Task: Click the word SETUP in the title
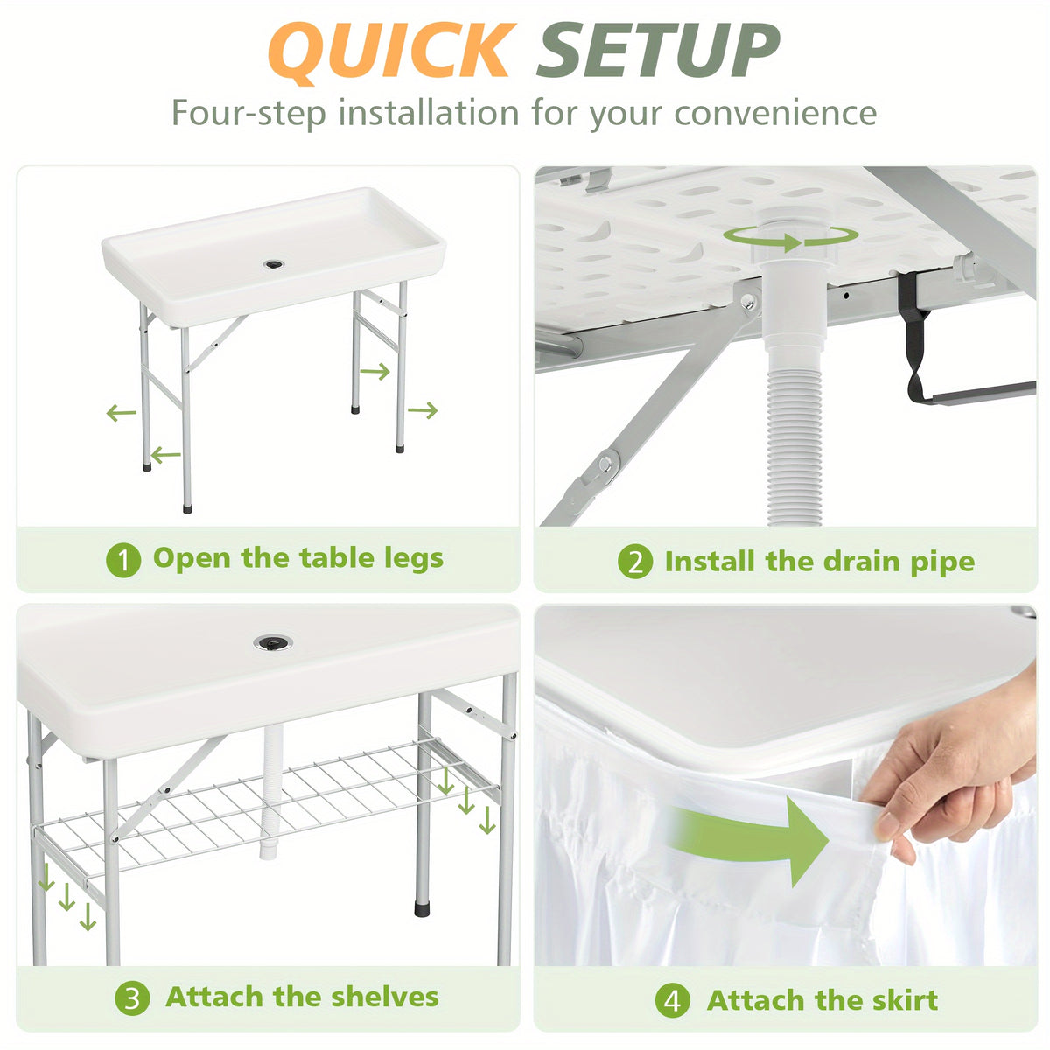click(x=658, y=51)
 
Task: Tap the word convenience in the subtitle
click(x=775, y=113)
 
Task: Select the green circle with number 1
click(x=123, y=560)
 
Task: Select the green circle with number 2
click(x=634, y=561)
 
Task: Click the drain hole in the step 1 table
click(x=274, y=265)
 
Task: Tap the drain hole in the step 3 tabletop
click(x=272, y=642)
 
